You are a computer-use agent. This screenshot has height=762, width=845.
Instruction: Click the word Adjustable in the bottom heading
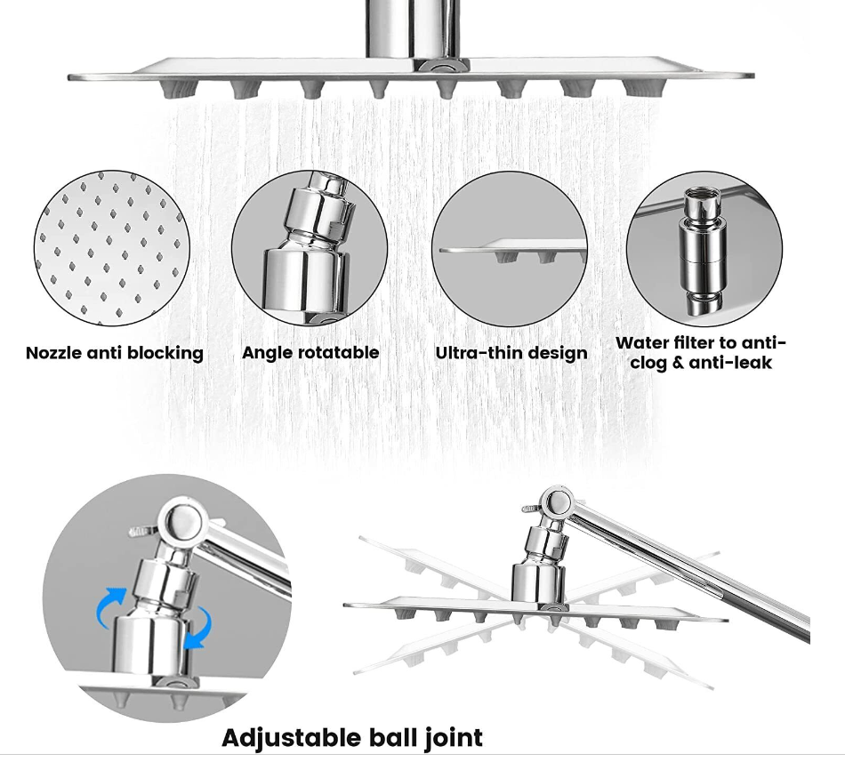click(x=292, y=738)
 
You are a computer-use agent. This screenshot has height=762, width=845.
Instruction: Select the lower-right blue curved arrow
click(x=197, y=628)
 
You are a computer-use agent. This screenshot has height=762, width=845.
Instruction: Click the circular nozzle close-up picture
click(x=112, y=248)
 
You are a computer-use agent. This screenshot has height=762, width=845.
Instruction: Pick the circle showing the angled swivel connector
click(x=310, y=248)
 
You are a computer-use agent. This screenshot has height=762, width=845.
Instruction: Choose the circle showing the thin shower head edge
click(x=510, y=248)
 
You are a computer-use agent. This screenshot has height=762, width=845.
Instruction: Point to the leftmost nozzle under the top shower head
click(x=172, y=90)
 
